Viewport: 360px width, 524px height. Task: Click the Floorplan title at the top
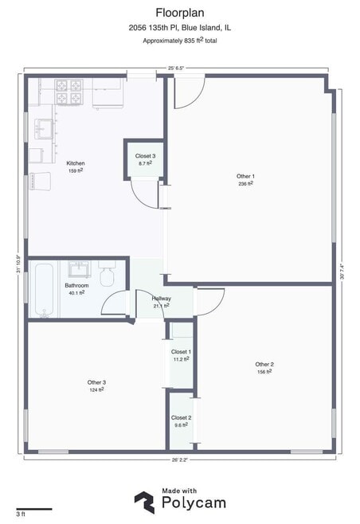180,13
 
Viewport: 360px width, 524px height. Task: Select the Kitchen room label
76,163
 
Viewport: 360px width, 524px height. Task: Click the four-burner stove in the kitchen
68,92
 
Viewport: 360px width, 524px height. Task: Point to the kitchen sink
44,129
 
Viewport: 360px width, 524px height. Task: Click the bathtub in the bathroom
44,290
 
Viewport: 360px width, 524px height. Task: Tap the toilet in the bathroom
107,274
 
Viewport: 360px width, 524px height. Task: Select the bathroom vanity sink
79,269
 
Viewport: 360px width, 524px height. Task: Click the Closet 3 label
146,156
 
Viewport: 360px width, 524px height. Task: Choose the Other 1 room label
245,176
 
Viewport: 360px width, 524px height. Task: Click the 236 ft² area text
245,183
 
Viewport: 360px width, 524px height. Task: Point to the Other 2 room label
264,364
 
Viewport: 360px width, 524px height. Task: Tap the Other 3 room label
96,382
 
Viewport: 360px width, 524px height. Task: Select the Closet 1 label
181,352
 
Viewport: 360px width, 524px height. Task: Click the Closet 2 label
181,418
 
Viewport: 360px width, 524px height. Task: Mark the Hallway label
162,299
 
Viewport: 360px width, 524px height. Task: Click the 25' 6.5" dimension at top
176,68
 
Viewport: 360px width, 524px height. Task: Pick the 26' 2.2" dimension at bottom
180,459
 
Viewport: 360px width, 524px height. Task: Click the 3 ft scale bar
34,509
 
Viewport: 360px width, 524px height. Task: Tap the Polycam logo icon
145,502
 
